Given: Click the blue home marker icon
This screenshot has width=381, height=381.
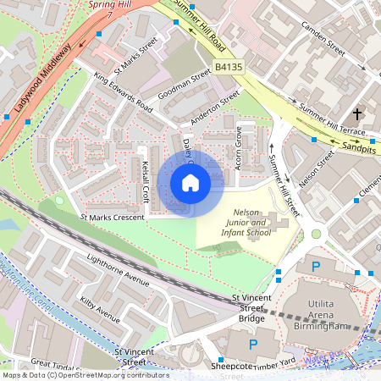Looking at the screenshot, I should pos(190,183).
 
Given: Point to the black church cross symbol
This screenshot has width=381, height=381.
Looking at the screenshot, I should pos(357,113).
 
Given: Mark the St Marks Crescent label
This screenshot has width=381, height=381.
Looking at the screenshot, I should pos(113,218).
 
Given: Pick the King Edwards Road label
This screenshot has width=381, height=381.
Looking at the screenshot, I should pos(124,95).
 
